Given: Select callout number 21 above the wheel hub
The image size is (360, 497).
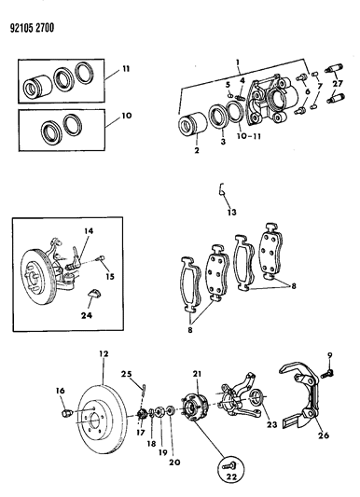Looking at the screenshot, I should tap(197, 375).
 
